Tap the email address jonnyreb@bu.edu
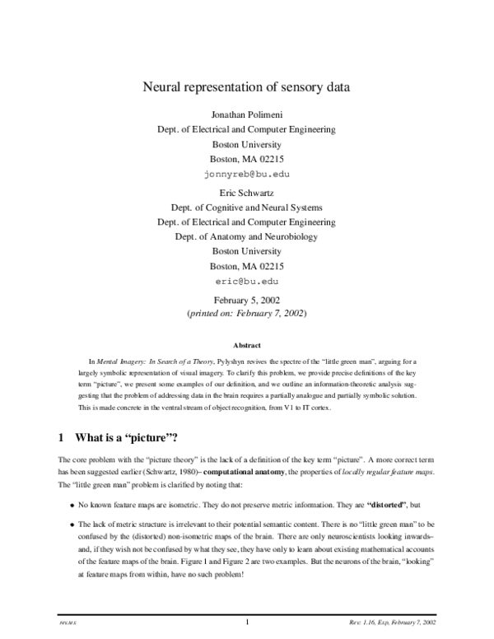click(x=247, y=175)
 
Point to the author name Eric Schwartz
click(x=247, y=192)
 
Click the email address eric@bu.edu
click(x=247, y=281)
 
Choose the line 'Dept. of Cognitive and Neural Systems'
click(x=247, y=207)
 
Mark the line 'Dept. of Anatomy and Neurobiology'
click(x=247, y=236)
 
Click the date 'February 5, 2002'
click(x=247, y=300)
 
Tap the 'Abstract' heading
click(x=247, y=345)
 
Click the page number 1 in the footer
click(x=247, y=622)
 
